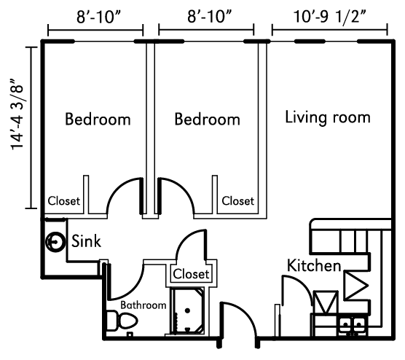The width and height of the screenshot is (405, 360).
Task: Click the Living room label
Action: [328, 117]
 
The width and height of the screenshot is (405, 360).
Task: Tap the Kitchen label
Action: [314, 265]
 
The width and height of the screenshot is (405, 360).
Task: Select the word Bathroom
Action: [143, 305]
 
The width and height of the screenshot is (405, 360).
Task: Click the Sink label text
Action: [86, 241]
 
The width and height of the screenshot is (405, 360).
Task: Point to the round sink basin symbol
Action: [55, 242]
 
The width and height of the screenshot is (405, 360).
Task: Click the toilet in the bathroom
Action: [122, 321]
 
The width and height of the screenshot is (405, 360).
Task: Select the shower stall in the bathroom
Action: [187, 311]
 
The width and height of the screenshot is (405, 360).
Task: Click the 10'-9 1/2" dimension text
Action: [330, 17]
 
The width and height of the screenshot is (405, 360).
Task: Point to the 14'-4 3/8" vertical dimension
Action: [17, 114]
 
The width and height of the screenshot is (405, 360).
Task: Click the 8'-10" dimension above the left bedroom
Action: [98, 17]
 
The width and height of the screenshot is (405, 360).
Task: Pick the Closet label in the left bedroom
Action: [64, 201]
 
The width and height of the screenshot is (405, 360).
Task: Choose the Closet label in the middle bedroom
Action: [238, 201]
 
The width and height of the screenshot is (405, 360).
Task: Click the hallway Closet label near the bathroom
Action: [191, 274]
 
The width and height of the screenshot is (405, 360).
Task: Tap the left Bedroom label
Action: [98, 119]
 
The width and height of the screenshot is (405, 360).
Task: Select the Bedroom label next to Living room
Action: [208, 119]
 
